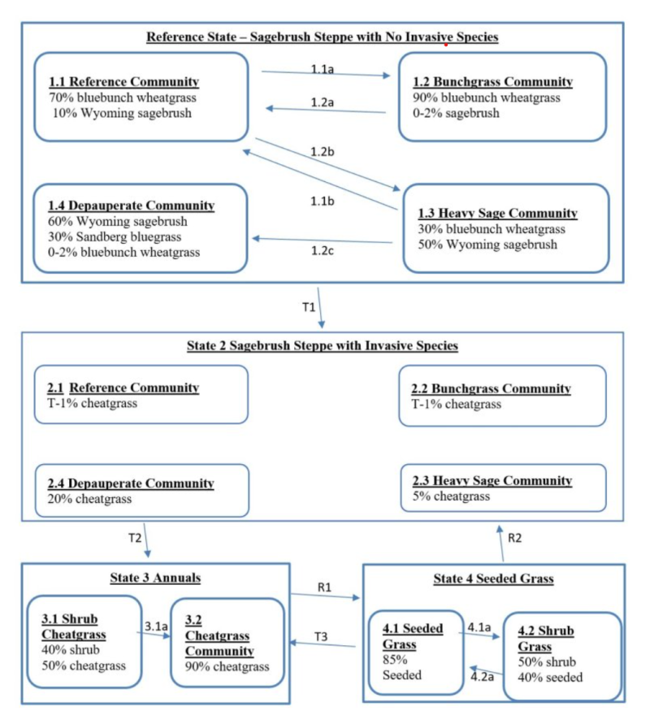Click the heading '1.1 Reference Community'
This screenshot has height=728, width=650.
point(123,82)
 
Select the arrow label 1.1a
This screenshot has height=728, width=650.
point(322,69)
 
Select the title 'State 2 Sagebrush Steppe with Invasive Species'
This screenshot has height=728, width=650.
point(322,346)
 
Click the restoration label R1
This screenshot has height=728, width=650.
point(323,586)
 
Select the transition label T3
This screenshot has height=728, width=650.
point(323,637)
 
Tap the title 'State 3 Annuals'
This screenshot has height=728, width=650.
point(154,578)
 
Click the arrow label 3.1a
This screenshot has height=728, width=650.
point(154,626)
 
